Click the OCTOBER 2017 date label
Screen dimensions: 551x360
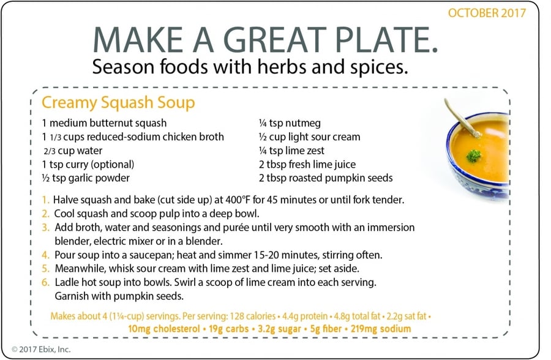coord(487,13)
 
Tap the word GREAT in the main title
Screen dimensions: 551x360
coord(274,39)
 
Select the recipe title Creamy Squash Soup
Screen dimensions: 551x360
coord(118,103)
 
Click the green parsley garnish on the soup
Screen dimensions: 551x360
coord(473,155)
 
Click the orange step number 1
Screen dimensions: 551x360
coord(45,200)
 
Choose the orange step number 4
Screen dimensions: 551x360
coord(45,255)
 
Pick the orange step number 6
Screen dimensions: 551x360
coord(45,282)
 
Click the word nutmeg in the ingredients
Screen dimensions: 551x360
coord(303,124)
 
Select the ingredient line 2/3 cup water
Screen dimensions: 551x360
coord(73,151)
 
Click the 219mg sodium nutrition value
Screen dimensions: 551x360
coord(381,329)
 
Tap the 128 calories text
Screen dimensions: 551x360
coord(252,316)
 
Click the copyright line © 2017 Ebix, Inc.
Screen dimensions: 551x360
coord(41,349)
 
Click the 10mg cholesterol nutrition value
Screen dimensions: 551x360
coord(163,329)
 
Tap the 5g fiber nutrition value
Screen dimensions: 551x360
coord(326,329)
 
